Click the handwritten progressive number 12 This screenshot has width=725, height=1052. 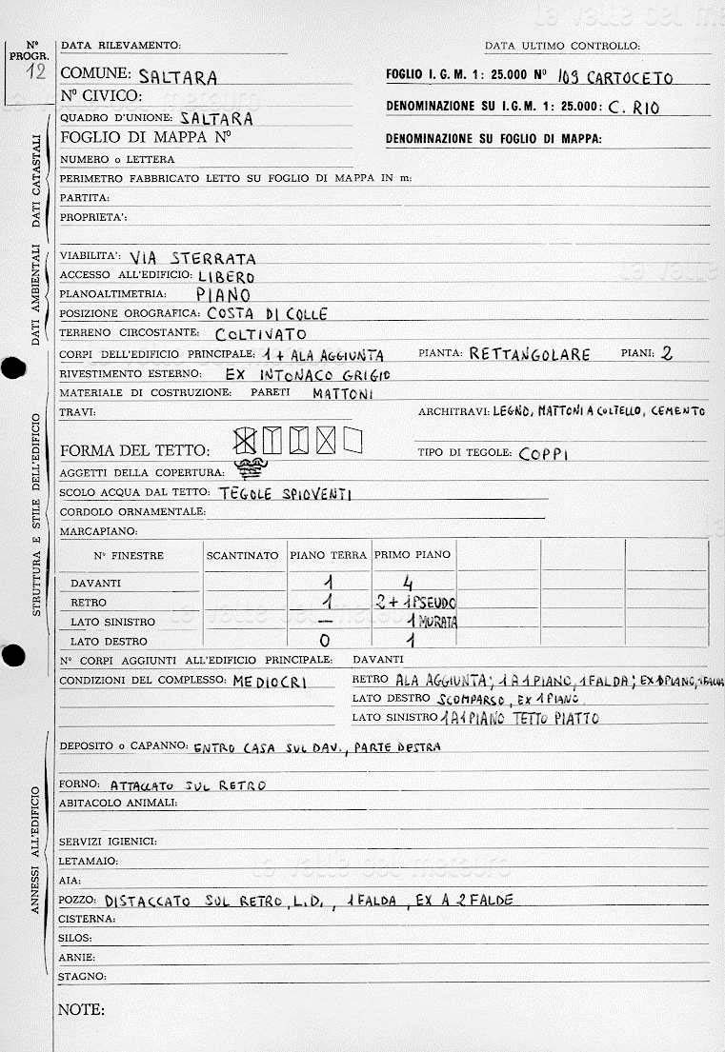pos(36,74)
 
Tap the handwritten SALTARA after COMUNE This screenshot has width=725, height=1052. pos(178,77)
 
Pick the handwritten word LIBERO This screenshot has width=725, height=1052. pos(226,276)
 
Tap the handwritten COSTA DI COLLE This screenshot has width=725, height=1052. pos(267,314)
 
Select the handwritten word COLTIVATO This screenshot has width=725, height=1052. pos(261,334)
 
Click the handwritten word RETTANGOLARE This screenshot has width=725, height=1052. pos(530,354)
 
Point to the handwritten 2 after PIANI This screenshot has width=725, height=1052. pos(667,353)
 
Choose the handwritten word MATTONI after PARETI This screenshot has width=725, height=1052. pos(343,392)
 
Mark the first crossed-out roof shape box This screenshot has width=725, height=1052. pos(245,440)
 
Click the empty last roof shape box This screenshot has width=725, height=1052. pos(353,440)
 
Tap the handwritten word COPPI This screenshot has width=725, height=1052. pos(544,454)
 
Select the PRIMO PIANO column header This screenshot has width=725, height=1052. pos(413,555)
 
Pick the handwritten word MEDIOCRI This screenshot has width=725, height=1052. pos(270,682)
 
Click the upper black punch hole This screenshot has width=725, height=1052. pos(10,369)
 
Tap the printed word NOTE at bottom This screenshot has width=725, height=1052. pos(81,1009)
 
